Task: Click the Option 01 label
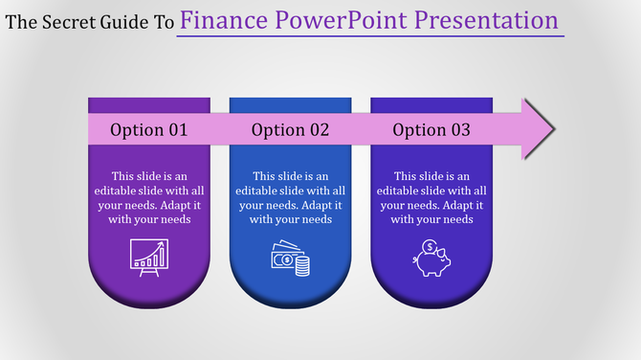coord(149,130)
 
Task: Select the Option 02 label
coord(290,130)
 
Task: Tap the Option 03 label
coord(431,130)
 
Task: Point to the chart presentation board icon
coord(148,259)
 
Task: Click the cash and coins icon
coord(290,259)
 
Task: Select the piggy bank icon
coord(431,259)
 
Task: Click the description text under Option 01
coord(149,198)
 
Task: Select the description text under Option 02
coord(290,198)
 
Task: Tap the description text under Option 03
coord(431,198)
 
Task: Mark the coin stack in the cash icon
coord(302,266)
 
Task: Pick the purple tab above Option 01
coord(149,104)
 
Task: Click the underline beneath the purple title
coord(370,36)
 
